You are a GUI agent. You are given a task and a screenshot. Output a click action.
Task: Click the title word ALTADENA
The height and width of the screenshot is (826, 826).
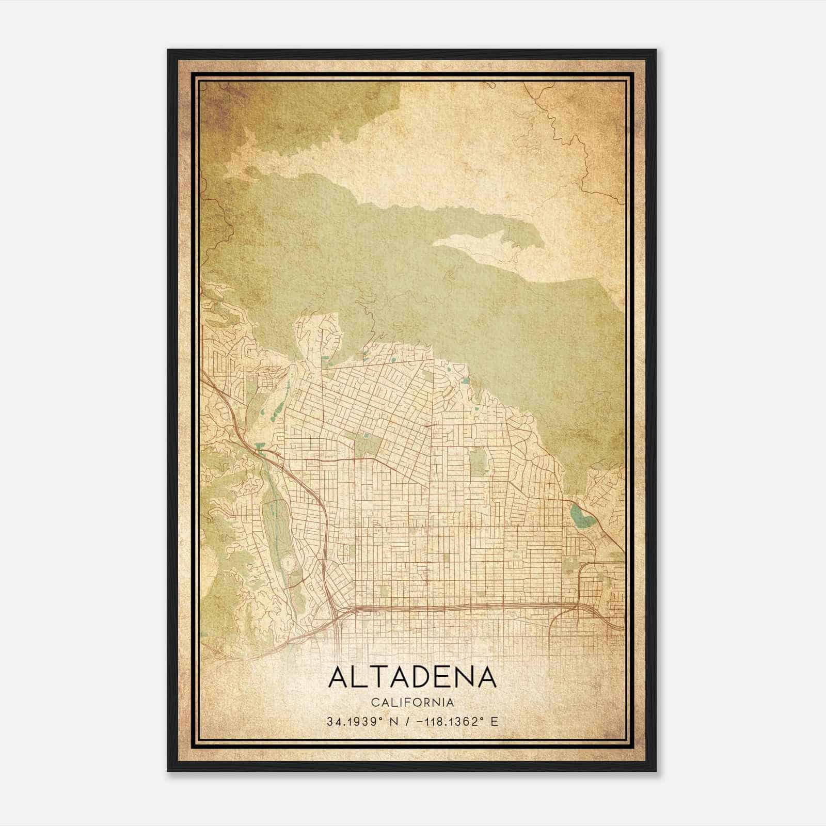pyautogui.click(x=412, y=677)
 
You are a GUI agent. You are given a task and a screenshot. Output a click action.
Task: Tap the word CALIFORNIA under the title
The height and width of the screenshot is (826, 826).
pyautogui.click(x=412, y=703)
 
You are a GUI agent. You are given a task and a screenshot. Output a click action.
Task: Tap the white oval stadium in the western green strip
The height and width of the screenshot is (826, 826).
pyautogui.click(x=288, y=562)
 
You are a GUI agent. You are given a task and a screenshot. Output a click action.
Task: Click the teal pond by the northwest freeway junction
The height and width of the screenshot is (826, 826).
pyautogui.click(x=260, y=446)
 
